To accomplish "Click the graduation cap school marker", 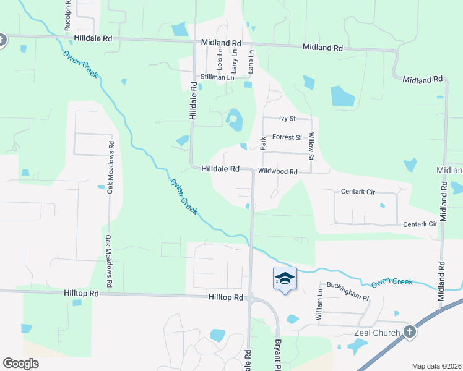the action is click(285, 279).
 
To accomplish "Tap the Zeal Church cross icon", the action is click(409, 333).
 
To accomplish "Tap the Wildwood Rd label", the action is click(278, 171).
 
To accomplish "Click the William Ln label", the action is click(320, 304).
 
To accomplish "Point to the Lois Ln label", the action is click(220, 59).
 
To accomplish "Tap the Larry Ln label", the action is click(235, 59).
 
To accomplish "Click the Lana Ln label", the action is click(251, 62).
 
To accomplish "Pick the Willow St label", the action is click(311, 146).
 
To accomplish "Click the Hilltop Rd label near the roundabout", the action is click(225, 297).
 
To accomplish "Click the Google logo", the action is click(20, 364).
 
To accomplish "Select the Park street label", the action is click(263, 143).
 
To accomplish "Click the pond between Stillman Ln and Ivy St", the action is click(234, 119).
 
